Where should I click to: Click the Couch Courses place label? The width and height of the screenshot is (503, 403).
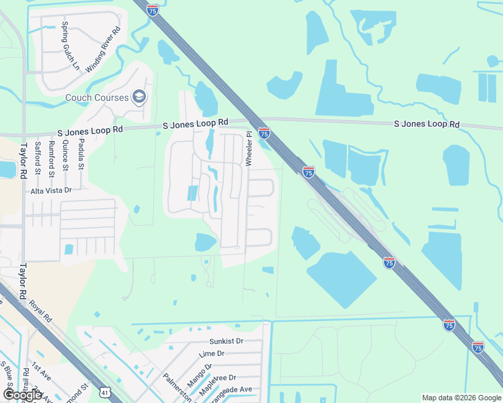pos(97,97)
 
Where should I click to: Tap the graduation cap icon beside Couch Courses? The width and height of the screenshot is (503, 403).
pos(140,97)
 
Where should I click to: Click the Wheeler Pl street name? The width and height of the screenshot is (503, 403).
pos(248,148)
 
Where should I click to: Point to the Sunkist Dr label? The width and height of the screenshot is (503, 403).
pos(225,341)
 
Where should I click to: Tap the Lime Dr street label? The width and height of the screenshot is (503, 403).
pos(211,354)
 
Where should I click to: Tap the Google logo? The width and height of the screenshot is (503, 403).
pos(22,394)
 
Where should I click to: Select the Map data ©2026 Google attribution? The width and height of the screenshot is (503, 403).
pos(461,398)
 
